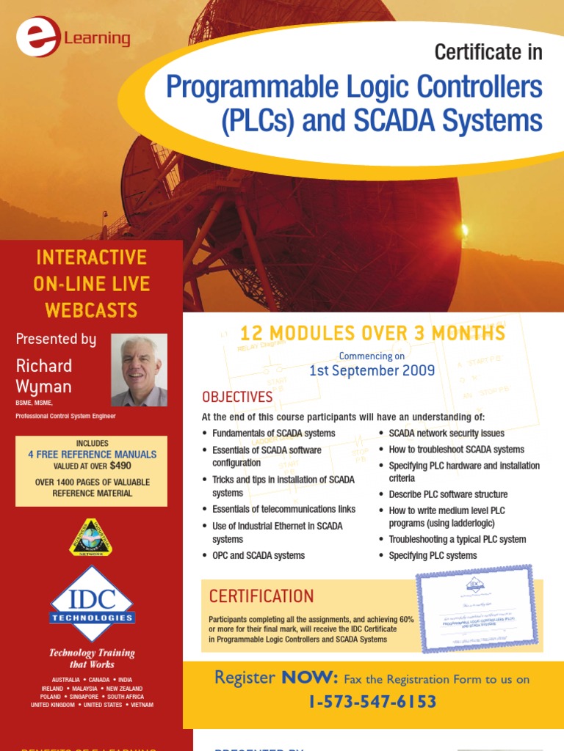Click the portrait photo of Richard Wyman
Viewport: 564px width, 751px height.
139,370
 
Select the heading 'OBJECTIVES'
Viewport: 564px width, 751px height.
237,397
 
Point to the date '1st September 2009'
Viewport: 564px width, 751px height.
372,370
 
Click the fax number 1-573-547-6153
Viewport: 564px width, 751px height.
372,702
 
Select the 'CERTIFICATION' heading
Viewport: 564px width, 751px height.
261,596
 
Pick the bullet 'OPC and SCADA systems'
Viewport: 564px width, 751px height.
258,555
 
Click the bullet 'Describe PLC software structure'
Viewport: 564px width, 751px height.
448,494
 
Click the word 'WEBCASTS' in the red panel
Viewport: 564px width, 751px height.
91,309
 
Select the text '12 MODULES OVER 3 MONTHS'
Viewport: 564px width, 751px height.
372,334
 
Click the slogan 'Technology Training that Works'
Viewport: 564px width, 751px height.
92,659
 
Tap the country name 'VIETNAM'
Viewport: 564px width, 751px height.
140,705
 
